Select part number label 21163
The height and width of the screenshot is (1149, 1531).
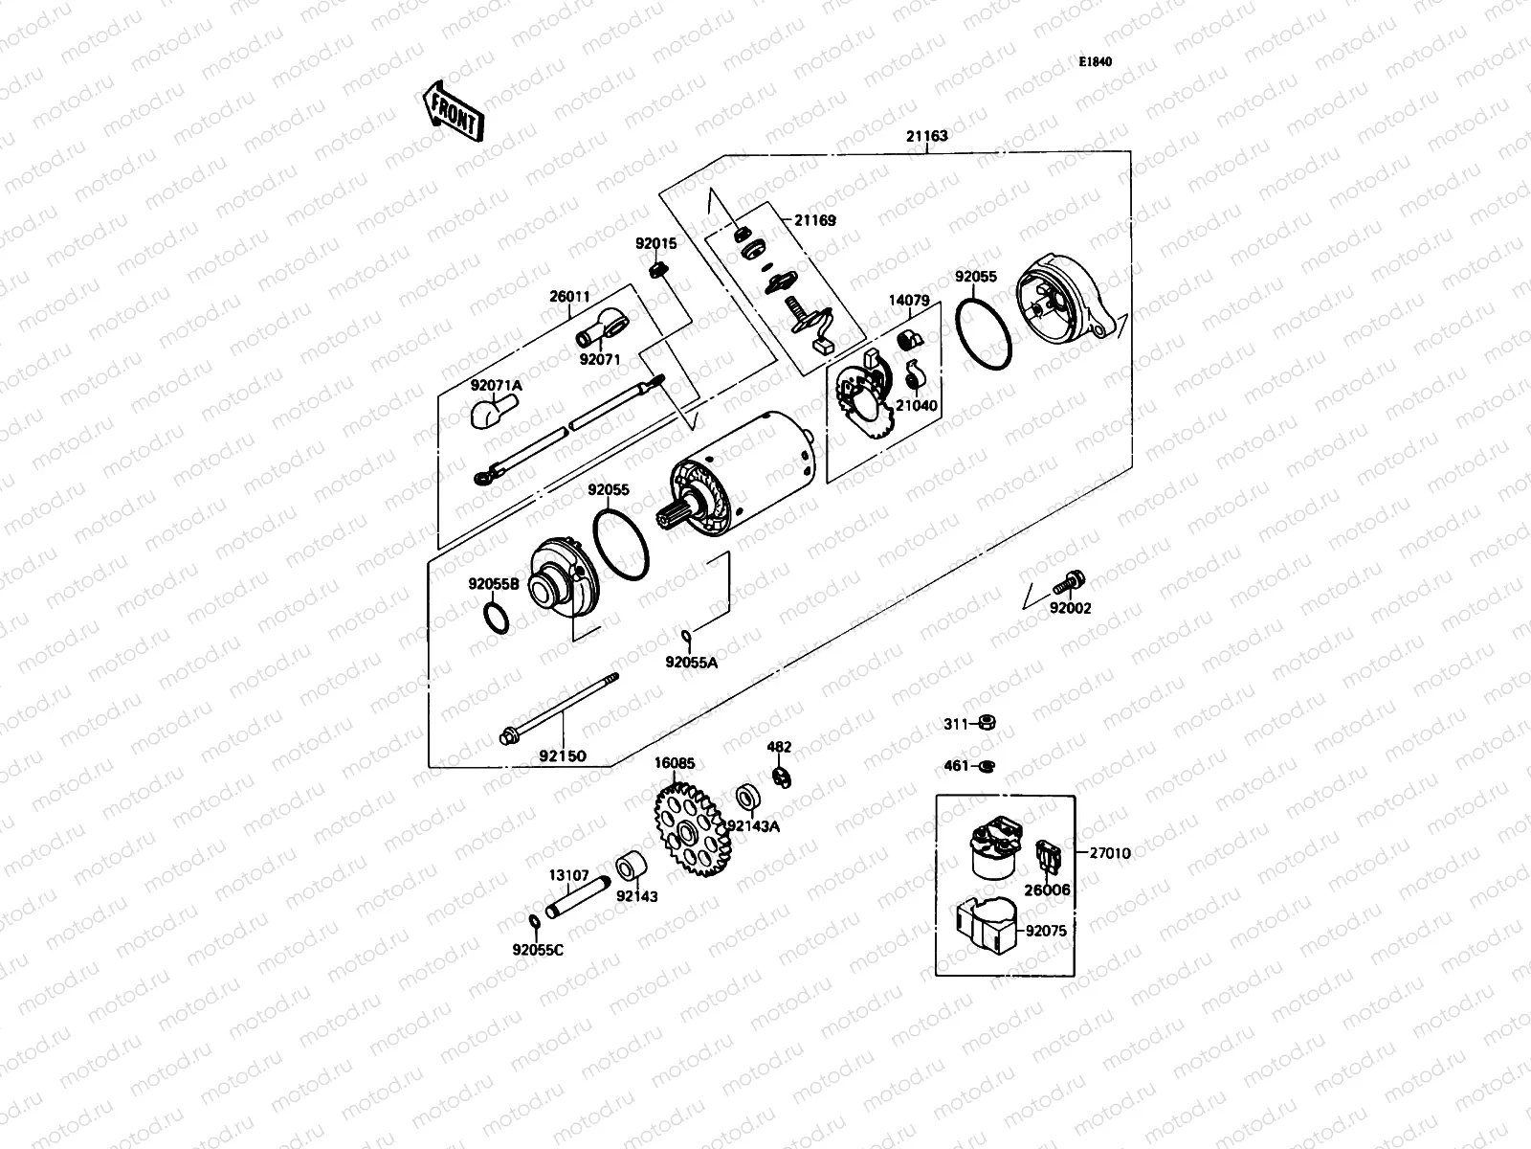click(926, 136)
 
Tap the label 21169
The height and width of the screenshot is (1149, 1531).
click(814, 220)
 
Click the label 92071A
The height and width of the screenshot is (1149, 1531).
click(496, 385)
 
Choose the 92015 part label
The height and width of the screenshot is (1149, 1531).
click(655, 244)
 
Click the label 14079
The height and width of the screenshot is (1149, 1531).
click(909, 300)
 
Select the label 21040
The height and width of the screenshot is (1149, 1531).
click(917, 405)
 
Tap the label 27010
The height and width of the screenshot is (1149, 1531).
click(1109, 852)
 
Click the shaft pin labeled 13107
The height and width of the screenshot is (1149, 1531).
click(577, 899)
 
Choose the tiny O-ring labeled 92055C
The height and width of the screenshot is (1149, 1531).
click(535, 921)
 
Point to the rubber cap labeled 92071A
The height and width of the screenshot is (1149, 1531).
click(490, 415)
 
